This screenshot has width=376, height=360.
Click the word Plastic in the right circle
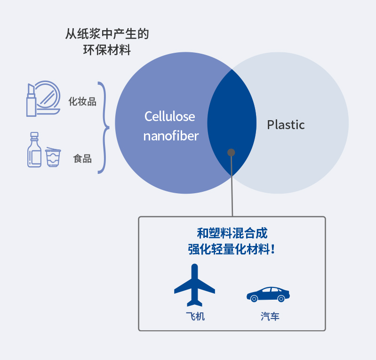pos(286,125)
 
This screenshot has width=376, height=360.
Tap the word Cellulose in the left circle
pos(169,116)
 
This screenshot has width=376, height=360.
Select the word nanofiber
pos(171,136)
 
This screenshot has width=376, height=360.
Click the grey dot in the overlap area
pos(231,153)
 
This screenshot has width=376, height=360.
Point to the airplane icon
pos(194,285)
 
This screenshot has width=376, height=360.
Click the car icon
pos(268,294)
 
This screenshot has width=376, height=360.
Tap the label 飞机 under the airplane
pos(195,316)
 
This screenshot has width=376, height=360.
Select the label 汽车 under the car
pos(270,317)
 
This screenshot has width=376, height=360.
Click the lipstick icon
pos(31,100)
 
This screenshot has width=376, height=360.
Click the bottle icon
pos(34,150)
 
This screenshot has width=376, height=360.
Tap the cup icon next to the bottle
pos(53,157)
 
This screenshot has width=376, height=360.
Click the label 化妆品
pos(82,101)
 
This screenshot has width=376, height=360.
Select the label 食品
pos(82,159)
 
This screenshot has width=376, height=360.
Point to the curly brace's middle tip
pos(109,128)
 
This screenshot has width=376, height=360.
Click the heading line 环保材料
pos(107,50)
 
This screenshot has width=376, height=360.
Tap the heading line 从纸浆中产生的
pos(107,33)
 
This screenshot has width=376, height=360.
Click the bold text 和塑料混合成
pos(232,233)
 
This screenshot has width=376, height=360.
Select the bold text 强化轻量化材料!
pos(232,249)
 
